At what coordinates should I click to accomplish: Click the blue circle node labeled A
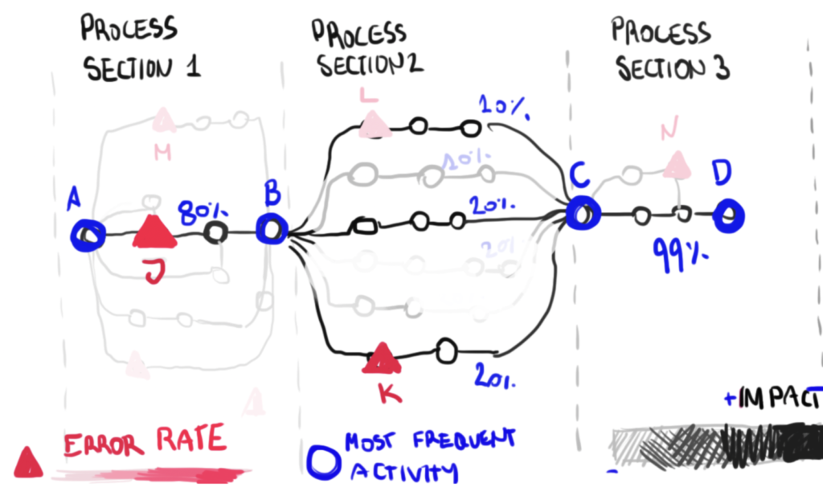(x=87, y=235)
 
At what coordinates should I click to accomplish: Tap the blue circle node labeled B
(x=272, y=230)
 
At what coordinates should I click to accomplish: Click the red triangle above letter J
(x=154, y=233)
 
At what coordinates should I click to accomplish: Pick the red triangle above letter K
(x=382, y=359)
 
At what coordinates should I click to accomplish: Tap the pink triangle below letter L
(x=373, y=125)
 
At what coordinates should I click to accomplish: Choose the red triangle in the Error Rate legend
(x=28, y=461)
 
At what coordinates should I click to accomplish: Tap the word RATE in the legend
(x=191, y=441)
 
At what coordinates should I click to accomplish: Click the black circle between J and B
(x=215, y=232)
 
